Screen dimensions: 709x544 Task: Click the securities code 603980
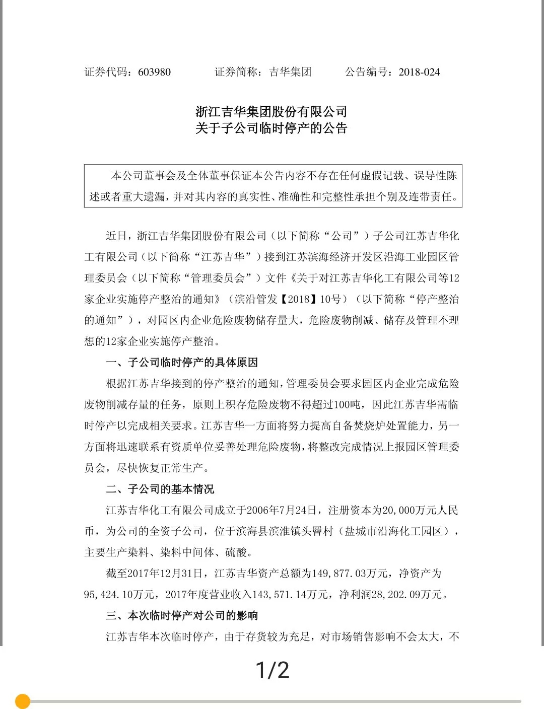click(154, 72)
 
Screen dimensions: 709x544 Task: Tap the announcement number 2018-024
click(419, 72)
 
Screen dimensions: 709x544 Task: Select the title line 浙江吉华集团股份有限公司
click(271, 111)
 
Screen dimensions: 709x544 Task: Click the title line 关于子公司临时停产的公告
click(271, 128)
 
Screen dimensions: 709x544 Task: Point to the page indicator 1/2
click(273, 670)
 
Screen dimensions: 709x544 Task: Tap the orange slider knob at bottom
click(23, 701)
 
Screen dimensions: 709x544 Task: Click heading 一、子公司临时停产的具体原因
click(182, 363)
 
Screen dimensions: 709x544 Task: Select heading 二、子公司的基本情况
click(160, 489)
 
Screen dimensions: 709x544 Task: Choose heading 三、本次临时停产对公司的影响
click(182, 615)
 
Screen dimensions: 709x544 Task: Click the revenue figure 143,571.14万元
click(291, 595)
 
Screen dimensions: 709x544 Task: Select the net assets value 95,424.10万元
click(119, 595)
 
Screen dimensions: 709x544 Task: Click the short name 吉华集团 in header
click(291, 72)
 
